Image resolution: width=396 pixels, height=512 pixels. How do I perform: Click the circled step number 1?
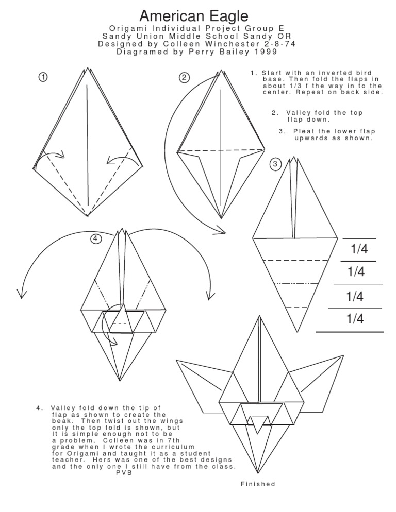[x=43, y=77]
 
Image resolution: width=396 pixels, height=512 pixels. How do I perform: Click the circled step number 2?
[x=184, y=78]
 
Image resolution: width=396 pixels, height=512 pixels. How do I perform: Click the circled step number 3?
[x=275, y=164]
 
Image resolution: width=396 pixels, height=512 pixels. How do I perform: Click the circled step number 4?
[x=95, y=238]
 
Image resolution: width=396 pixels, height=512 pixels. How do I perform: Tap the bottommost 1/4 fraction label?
[x=355, y=319]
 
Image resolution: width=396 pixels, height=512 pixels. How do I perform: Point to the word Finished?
[x=258, y=484]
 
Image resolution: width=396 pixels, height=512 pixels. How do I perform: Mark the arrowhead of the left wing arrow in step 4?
[x=21, y=295]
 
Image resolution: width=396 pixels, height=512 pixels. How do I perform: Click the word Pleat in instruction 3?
[x=303, y=131]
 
